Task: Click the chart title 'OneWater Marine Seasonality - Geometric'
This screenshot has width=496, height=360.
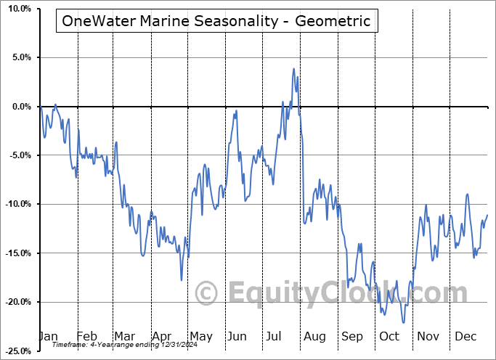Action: click(216, 21)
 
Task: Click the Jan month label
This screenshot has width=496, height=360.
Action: click(49, 336)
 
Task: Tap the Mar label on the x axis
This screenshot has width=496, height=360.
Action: click(124, 336)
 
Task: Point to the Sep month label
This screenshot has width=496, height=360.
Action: click(352, 336)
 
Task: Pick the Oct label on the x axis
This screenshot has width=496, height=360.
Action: click(389, 336)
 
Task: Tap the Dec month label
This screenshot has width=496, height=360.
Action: click(465, 336)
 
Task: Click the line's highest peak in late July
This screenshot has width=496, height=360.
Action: click(293, 69)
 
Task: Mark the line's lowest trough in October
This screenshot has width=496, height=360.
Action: click(403, 322)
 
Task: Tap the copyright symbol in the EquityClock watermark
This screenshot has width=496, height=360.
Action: click(208, 294)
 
